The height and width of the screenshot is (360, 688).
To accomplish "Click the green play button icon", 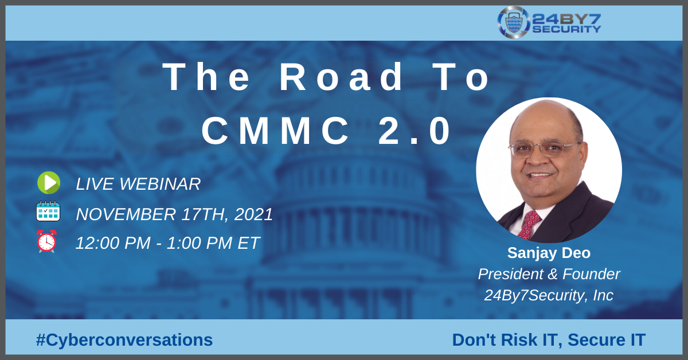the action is [x=49, y=183].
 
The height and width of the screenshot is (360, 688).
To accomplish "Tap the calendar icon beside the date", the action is [x=48, y=212].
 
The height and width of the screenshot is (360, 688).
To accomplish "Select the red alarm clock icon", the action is [x=46, y=241].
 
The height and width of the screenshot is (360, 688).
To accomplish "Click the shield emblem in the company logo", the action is [x=514, y=22].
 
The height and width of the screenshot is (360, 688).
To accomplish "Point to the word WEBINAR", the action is [x=160, y=184].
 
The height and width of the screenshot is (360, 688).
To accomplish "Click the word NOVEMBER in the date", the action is [x=126, y=214].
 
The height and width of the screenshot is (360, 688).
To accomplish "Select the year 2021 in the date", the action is [x=253, y=214].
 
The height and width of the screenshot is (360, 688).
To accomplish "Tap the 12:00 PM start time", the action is [x=113, y=243].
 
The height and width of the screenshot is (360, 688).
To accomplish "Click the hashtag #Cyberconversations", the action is [x=124, y=340].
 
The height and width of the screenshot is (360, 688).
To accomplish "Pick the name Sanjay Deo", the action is [x=549, y=253].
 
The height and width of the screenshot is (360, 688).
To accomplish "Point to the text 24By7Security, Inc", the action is [x=549, y=295].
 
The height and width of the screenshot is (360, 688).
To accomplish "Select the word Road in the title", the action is [x=341, y=77].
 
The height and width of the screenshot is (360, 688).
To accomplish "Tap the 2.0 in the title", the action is [x=415, y=131].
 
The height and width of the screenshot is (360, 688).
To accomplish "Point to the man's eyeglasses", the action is [x=544, y=150].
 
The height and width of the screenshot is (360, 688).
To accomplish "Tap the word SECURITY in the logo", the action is [x=566, y=29].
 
